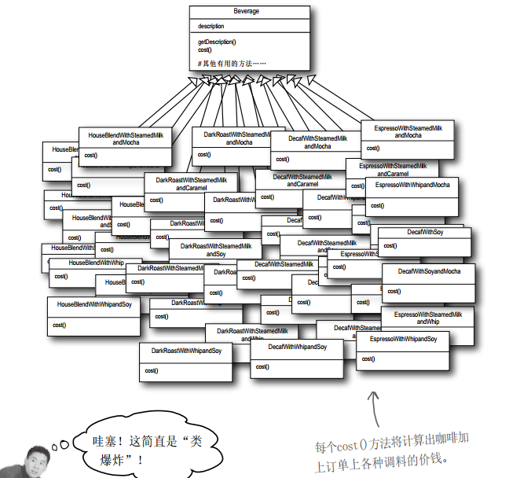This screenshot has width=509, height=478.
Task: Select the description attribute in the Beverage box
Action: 211,26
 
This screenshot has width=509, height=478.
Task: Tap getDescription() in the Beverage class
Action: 217,41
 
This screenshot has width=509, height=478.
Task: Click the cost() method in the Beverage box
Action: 206,50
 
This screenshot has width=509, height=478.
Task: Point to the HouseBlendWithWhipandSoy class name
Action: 94,303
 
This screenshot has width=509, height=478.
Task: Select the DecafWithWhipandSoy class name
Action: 297,347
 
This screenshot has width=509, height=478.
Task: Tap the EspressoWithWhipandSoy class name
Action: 402,339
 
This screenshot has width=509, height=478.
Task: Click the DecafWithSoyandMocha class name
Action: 429,271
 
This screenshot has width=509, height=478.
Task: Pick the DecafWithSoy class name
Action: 425,233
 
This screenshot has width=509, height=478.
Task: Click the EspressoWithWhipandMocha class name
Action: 412,185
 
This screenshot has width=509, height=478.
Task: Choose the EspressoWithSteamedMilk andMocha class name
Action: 408,131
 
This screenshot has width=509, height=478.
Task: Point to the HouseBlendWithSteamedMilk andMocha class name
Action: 125,139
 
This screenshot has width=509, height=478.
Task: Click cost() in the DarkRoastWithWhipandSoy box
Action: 152,370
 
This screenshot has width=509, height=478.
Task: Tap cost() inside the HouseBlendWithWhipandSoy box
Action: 59,324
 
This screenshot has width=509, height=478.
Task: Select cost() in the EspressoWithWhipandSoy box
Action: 368,359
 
